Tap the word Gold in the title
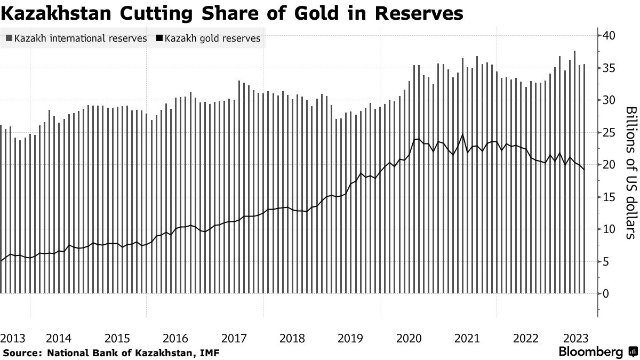(319, 12)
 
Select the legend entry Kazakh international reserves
(81, 38)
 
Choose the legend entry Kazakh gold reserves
(213, 38)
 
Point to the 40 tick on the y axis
(610, 36)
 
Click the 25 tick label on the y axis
(610, 132)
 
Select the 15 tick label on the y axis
(610, 197)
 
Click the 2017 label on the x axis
(234, 339)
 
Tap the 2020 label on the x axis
(409, 339)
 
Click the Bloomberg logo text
(590, 352)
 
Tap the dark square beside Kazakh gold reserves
(159, 38)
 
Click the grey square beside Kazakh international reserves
(9, 38)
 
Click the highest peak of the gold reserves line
(462, 134)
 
